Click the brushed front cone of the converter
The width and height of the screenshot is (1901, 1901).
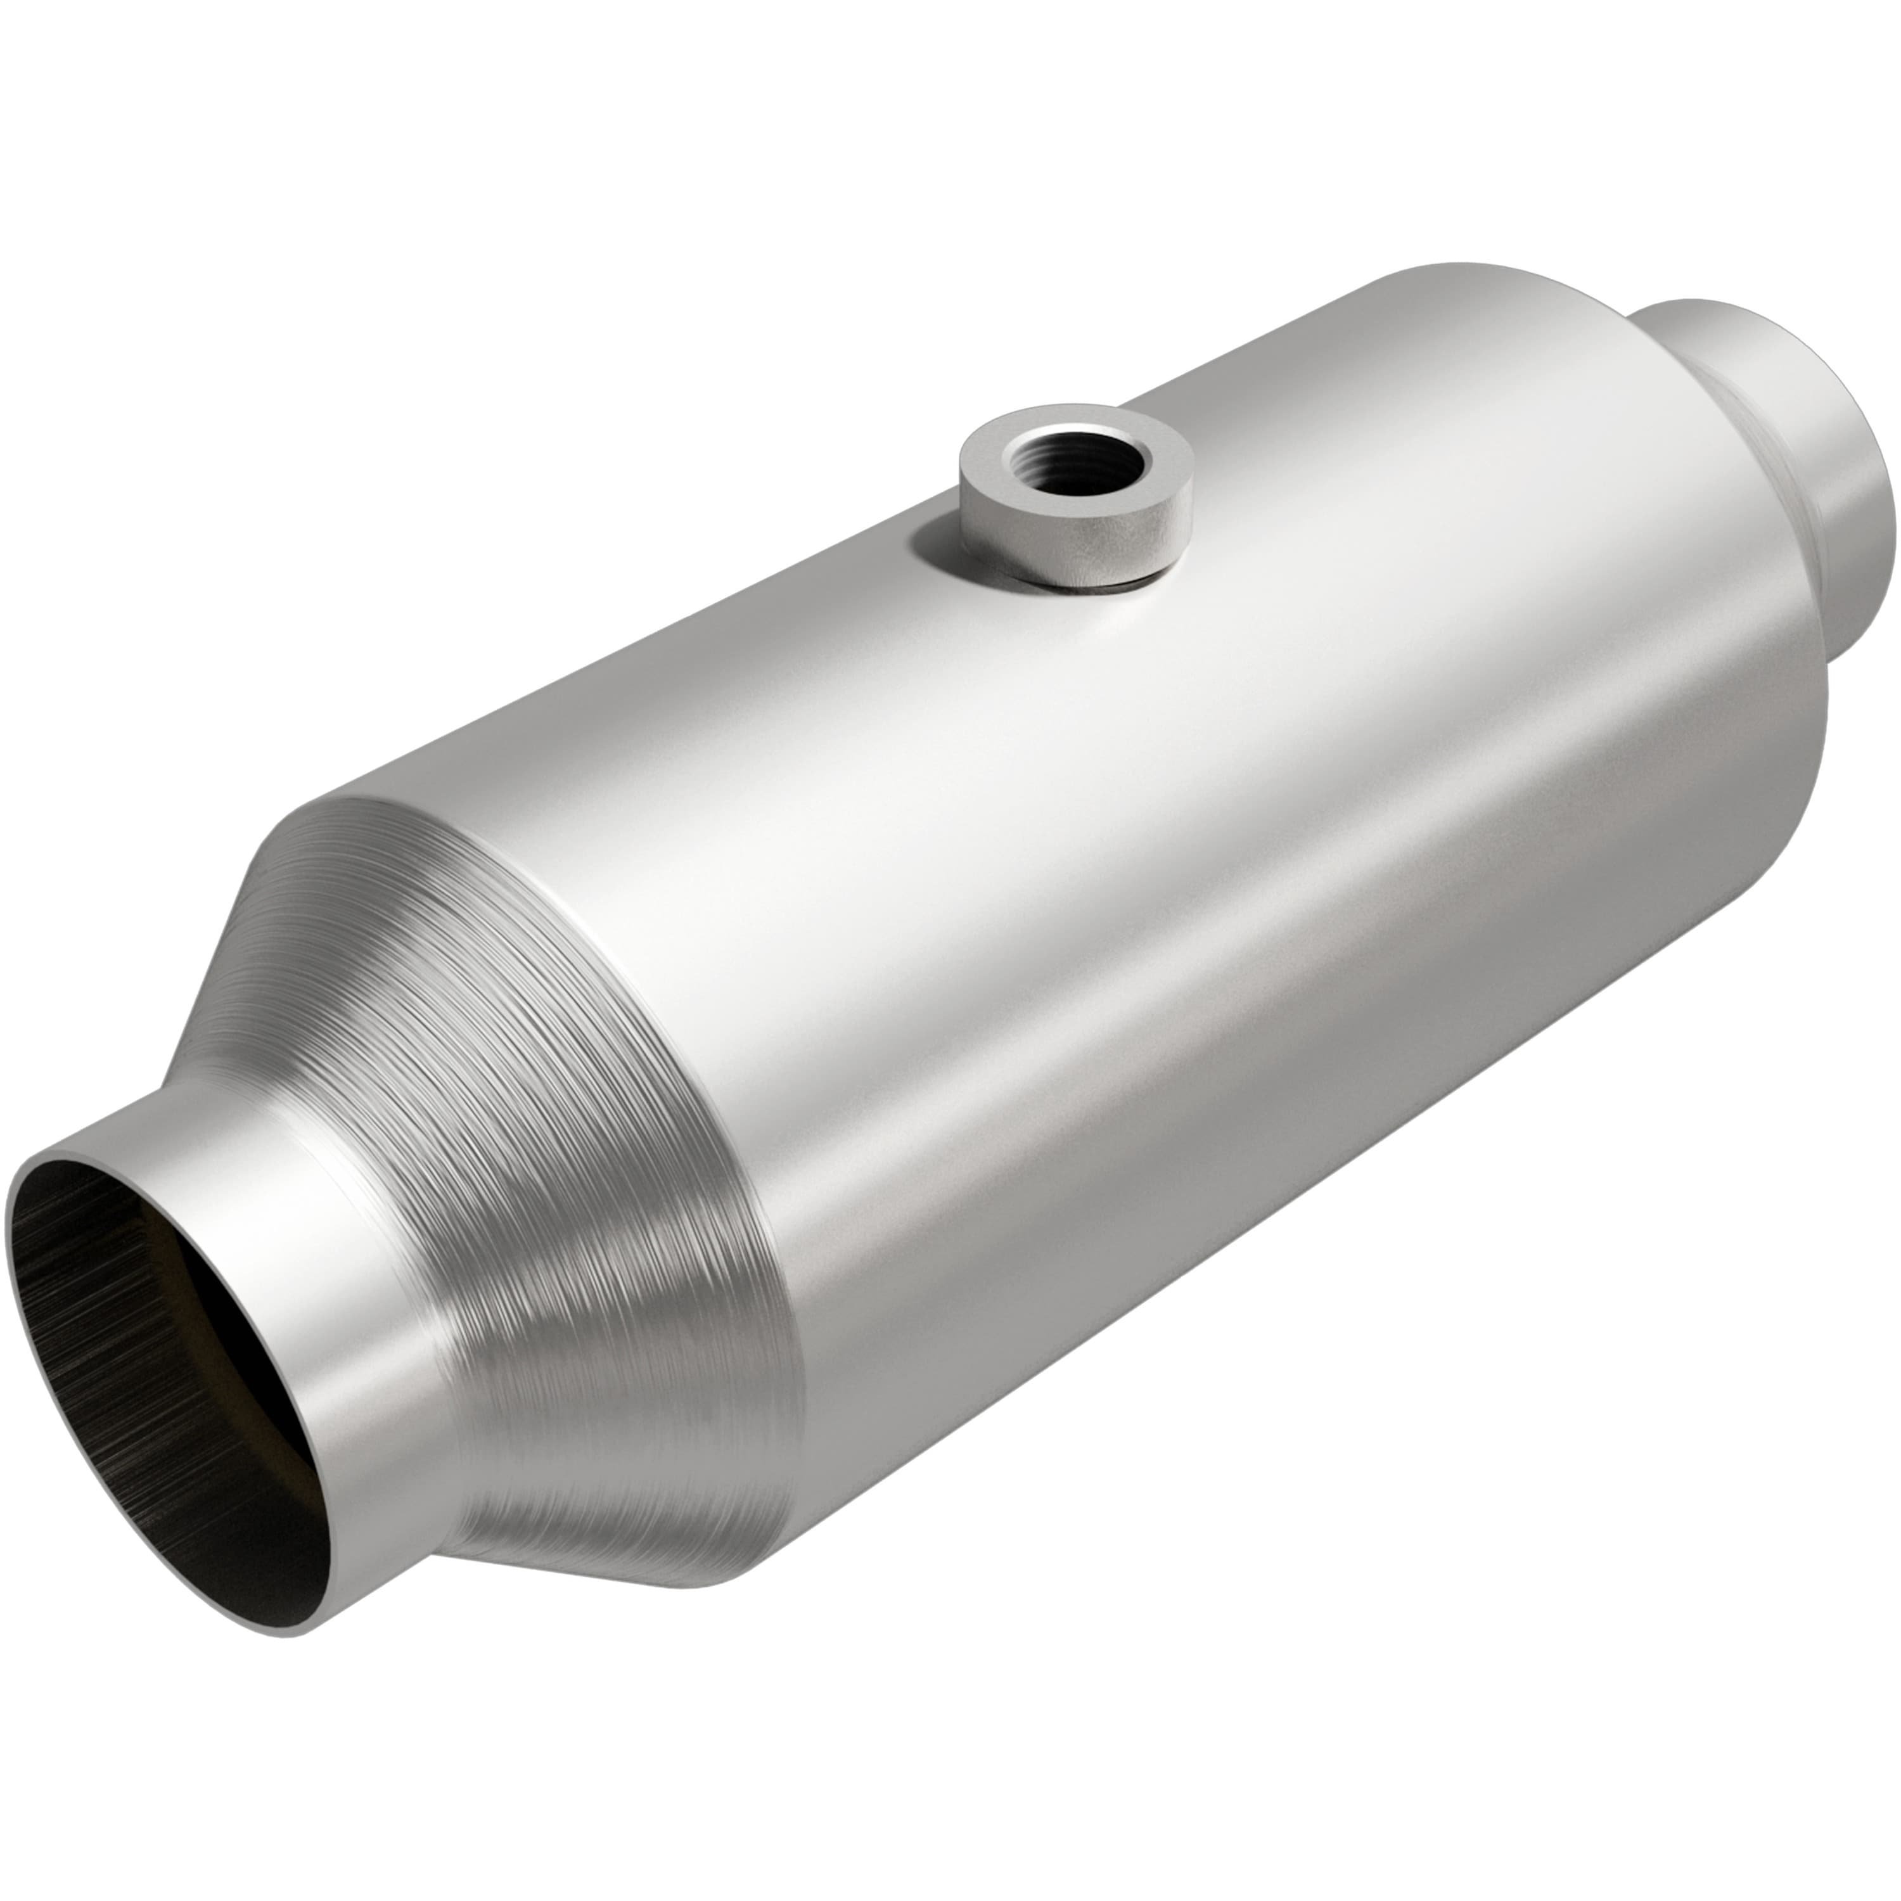[x=551, y=1132]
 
